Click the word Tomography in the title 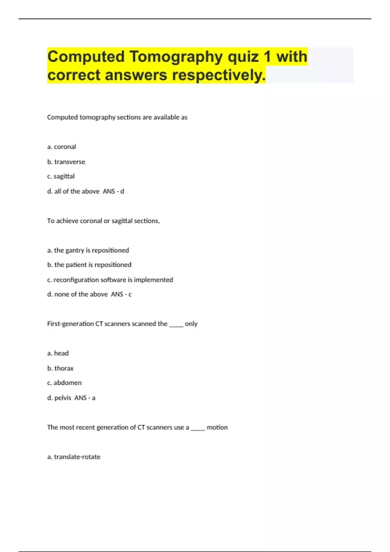176,57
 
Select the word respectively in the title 218,75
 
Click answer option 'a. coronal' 62,147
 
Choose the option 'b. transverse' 66,162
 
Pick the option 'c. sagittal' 61,176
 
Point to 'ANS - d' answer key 113,192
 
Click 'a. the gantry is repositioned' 88,250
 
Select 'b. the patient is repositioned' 89,265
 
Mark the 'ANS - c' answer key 121,295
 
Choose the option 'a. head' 58,353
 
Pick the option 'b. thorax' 60,368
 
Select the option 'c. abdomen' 64,383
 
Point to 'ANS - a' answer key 85,398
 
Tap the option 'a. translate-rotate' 74,457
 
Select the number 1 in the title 267,57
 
